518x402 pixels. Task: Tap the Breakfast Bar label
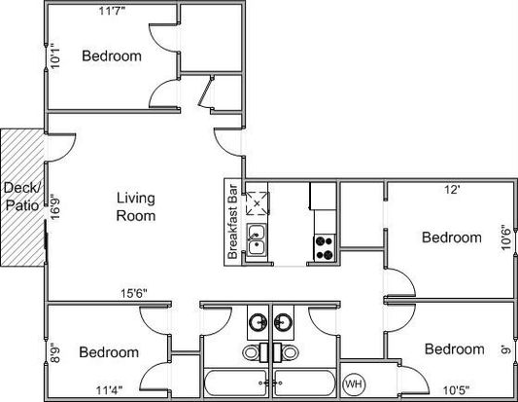point(232,222)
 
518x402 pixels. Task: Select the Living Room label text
point(136,206)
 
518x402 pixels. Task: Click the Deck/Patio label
point(21,197)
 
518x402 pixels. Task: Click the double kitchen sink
point(257,239)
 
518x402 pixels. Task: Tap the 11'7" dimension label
point(113,12)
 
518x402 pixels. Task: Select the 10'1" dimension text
point(55,56)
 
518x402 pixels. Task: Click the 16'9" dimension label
point(54,207)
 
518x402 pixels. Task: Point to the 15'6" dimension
point(133,293)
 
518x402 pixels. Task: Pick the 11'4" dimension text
point(110,390)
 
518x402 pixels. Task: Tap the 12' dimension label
point(452,190)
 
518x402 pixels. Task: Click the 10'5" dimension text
point(456,390)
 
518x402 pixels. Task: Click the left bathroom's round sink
point(258,321)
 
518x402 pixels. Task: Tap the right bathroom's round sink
point(283,321)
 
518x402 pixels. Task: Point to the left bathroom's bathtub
point(236,383)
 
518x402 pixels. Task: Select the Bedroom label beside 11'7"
point(112,55)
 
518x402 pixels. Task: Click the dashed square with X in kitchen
point(257,203)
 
